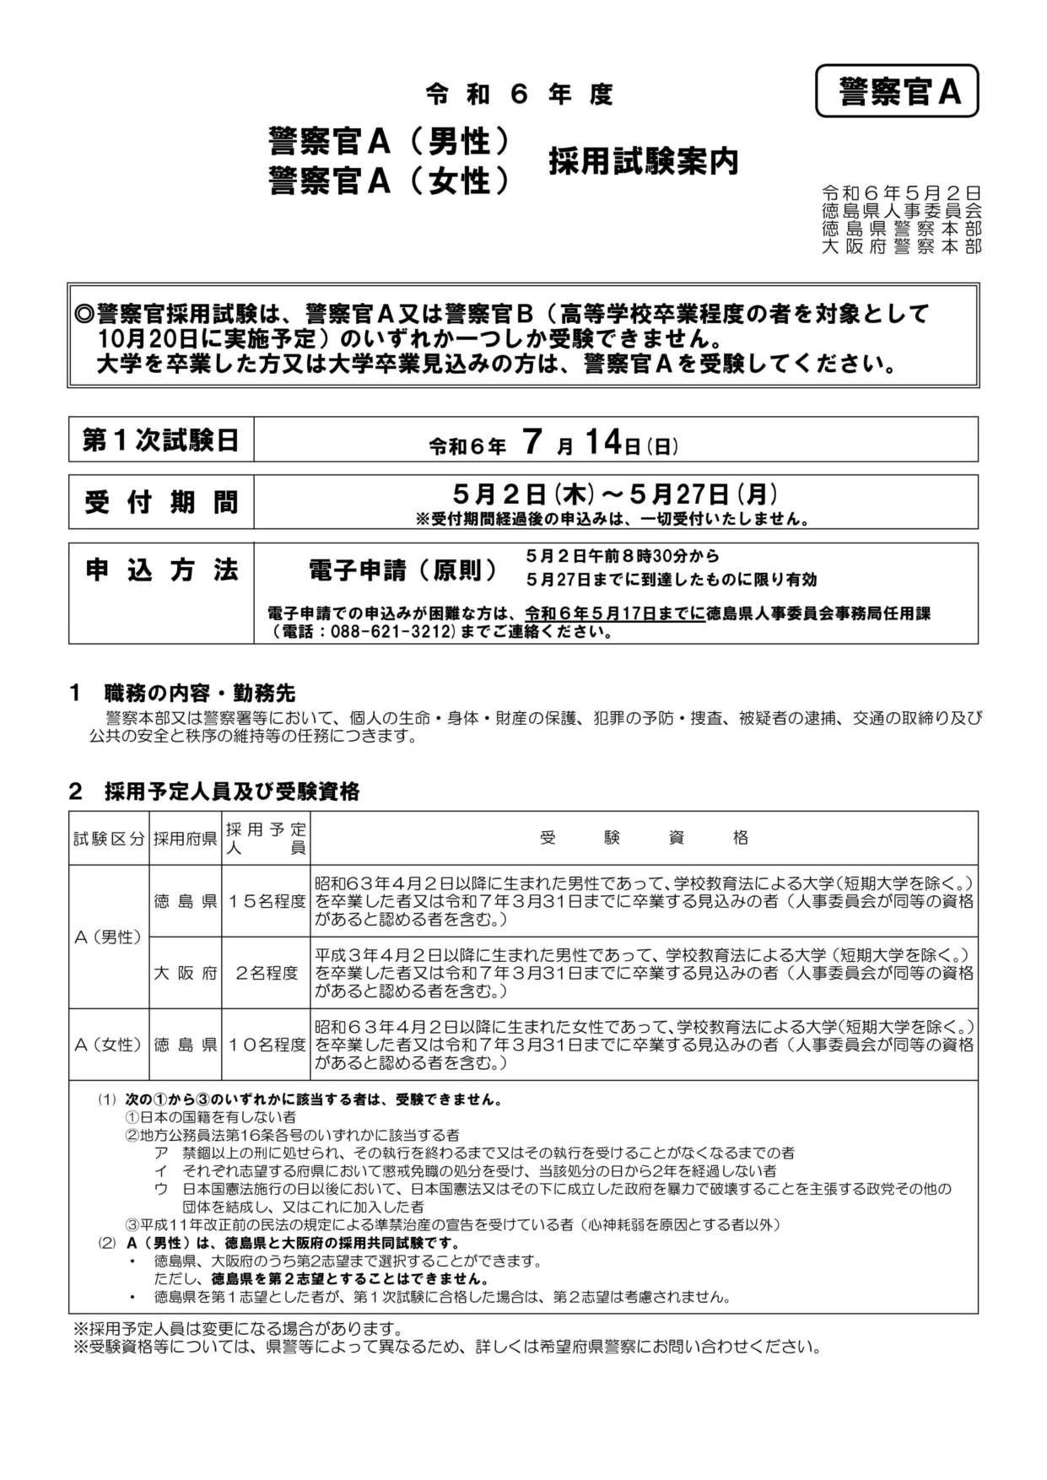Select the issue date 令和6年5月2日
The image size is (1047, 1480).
tap(901, 193)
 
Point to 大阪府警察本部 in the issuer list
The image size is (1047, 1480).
tap(901, 246)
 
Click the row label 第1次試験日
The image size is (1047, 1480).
tap(160, 440)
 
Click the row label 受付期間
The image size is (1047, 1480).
tap(160, 502)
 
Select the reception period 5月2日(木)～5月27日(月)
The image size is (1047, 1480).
tap(615, 494)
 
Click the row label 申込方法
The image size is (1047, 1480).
tap(160, 570)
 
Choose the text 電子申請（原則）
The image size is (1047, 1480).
tap(404, 570)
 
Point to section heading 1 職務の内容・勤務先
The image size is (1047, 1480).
tap(182, 693)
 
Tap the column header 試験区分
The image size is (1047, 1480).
tap(109, 839)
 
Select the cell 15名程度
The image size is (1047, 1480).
tap(266, 901)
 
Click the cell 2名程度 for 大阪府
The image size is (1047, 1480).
tap(266, 973)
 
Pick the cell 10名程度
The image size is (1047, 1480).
tap(266, 1045)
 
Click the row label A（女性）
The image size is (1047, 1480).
tap(109, 1045)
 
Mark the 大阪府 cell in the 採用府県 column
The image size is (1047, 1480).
tap(186, 973)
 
